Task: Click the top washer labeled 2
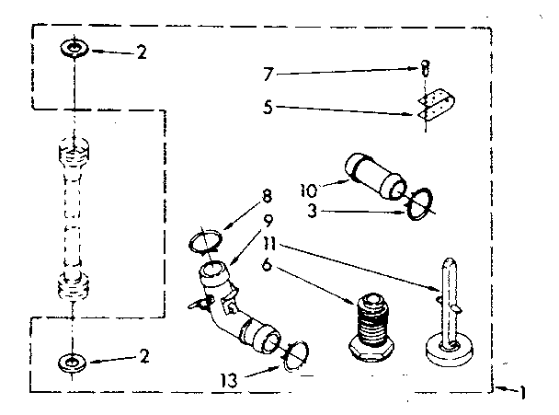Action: [72, 48]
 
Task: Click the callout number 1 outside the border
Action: [522, 394]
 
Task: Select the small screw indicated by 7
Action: [425, 67]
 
